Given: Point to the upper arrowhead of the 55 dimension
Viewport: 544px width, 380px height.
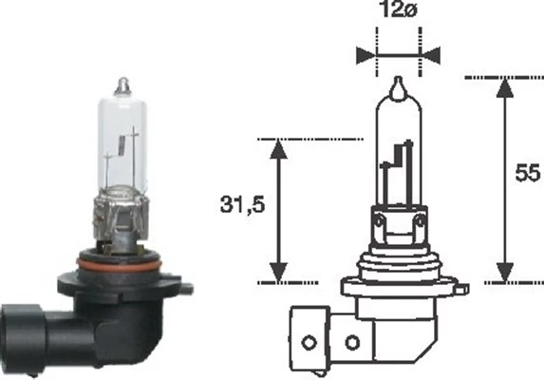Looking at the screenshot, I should click(x=504, y=85).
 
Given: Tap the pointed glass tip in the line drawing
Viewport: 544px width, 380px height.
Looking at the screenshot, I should click(x=399, y=87).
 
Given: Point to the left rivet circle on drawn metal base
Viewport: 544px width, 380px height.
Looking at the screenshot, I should click(x=380, y=224).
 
